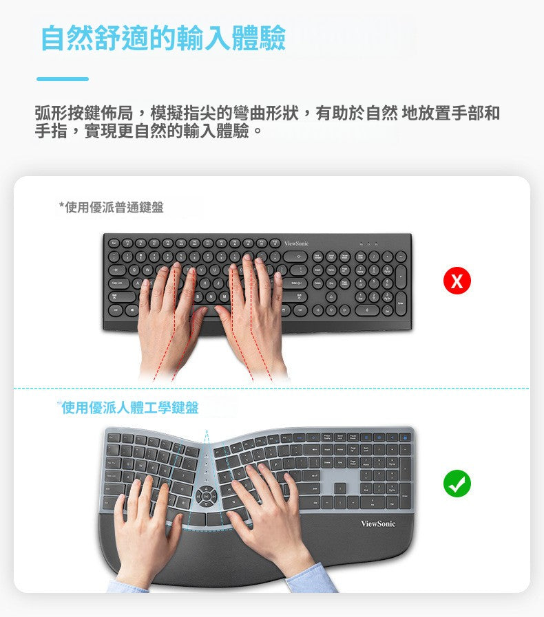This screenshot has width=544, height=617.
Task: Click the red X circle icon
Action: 457,281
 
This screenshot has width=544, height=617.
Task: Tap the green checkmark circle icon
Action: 457,484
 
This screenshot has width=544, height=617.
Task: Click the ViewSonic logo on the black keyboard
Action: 296,243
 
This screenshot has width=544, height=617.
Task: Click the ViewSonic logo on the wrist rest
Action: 378,525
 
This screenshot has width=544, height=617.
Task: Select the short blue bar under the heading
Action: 63,79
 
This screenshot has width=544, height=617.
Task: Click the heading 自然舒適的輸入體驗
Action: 163,39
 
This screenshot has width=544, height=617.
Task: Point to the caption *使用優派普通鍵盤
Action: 112,207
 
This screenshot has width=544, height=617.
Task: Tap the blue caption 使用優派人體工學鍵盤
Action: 130,408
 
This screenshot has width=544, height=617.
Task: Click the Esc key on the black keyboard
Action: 114,243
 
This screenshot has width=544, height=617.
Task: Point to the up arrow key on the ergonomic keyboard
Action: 340,487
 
